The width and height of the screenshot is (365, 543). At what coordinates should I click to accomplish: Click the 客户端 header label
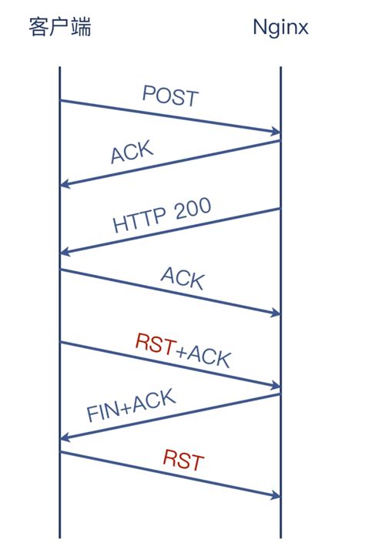pyautogui.click(x=59, y=28)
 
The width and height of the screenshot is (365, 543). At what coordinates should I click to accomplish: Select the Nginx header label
pyautogui.click(x=280, y=28)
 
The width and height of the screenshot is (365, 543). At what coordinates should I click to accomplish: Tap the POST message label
pyautogui.click(x=170, y=96)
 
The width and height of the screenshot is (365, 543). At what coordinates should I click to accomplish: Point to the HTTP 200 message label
pyautogui.click(x=162, y=215)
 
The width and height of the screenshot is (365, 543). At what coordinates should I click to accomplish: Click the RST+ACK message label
pyautogui.click(x=182, y=350)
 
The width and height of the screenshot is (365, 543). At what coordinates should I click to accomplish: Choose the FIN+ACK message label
pyautogui.click(x=131, y=406)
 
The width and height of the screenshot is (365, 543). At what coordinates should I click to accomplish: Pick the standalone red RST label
pyautogui.click(x=183, y=461)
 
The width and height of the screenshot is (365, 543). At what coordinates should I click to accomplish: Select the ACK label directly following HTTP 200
pyautogui.click(x=182, y=278)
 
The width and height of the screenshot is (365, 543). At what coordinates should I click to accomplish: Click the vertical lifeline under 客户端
pyautogui.click(x=59, y=308)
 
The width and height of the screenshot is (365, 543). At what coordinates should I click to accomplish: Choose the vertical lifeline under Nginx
pyautogui.click(x=280, y=308)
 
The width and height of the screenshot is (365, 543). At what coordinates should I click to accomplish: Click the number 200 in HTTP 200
pyautogui.click(x=191, y=209)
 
